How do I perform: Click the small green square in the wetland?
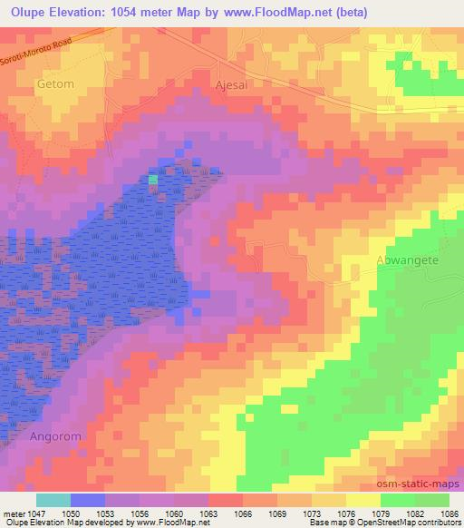(x=153, y=180)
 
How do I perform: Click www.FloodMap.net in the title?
(x=327, y=12)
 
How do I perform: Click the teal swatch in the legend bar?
(x=53, y=500)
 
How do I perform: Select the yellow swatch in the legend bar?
(x=363, y=500)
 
